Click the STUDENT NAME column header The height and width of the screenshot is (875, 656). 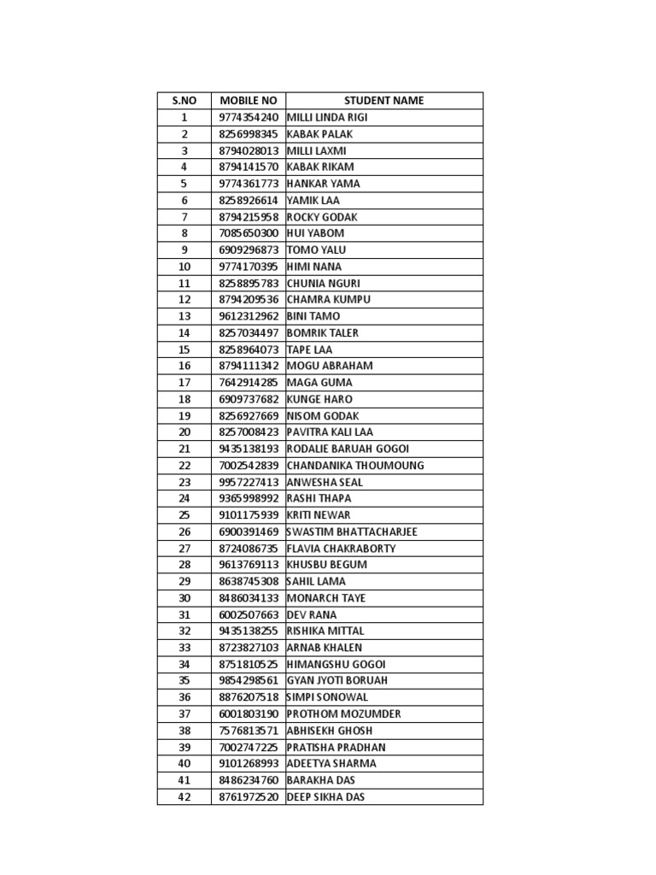384,101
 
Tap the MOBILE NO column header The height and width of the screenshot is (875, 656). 249,101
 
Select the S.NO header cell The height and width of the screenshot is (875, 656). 184,101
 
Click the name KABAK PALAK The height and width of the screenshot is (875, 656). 319,134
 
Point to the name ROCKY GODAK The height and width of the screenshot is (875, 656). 322,217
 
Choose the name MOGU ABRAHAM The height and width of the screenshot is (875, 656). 330,366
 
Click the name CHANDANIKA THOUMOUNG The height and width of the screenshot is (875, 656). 355,466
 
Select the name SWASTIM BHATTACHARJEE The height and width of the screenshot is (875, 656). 351,531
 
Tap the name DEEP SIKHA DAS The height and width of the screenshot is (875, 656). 326,797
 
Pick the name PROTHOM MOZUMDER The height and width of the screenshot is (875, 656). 343,714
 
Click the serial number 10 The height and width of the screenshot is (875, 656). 184,267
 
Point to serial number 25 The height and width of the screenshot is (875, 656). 184,515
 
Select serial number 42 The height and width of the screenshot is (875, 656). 184,797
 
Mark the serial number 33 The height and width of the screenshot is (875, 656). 184,648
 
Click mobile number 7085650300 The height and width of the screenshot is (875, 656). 249,233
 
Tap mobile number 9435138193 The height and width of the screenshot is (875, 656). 249,449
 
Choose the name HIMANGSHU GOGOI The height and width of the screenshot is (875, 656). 337,664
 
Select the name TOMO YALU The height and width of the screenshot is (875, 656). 317,250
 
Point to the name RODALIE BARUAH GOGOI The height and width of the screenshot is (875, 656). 348,449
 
